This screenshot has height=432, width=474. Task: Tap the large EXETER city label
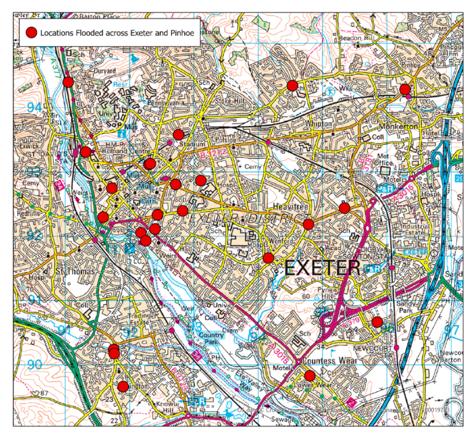[x=322, y=268]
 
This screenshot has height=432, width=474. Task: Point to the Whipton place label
[x=320, y=123]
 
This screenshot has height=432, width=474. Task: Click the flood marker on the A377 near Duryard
[x=69, y=81]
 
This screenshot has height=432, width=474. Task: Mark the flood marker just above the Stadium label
[x=178, y=135]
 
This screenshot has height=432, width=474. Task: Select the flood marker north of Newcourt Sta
[x=377, y=322]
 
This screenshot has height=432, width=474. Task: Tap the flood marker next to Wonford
[x=268, y=257]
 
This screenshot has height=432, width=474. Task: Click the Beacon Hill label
[x=354, y=38]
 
